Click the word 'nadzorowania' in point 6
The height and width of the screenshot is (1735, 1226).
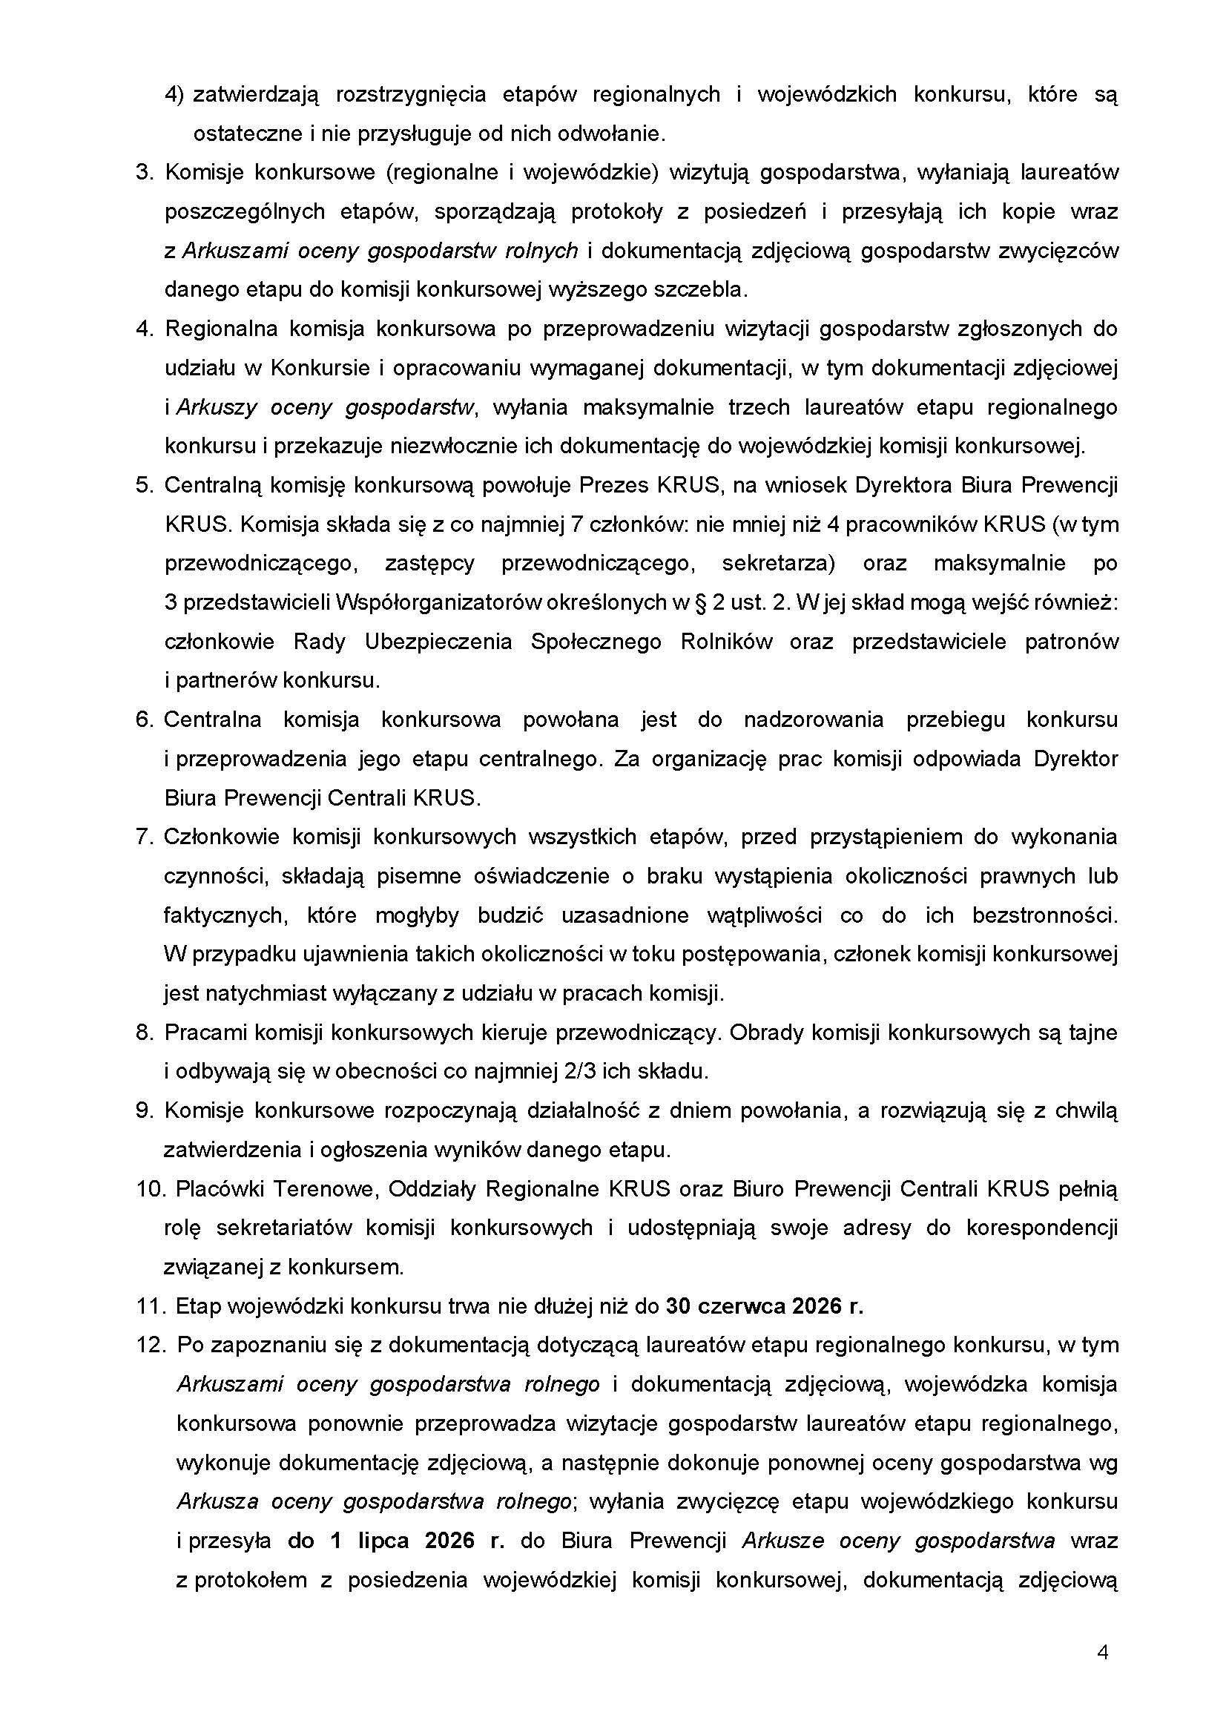click(x=813, y=720)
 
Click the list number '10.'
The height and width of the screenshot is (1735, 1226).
click(x=151, y=1188)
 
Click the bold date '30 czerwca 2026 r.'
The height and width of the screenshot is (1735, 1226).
click(x=764, y=1306)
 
